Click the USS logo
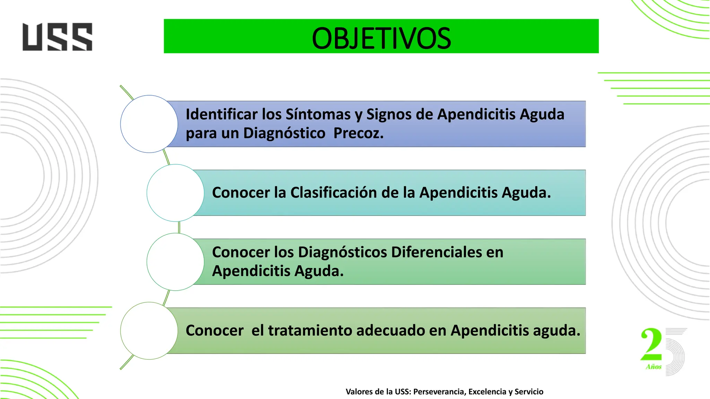coord(57,37)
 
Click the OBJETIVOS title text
coord(381,38)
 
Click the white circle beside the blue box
coord(149,124)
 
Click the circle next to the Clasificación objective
coord(175,193)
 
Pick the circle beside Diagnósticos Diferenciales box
coord(175,262)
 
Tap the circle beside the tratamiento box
coord(149,331)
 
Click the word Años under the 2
coord(653,367)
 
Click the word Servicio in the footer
coord(529,392)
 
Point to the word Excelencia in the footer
coord(487,392)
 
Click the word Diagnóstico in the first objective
coord(284,133)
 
